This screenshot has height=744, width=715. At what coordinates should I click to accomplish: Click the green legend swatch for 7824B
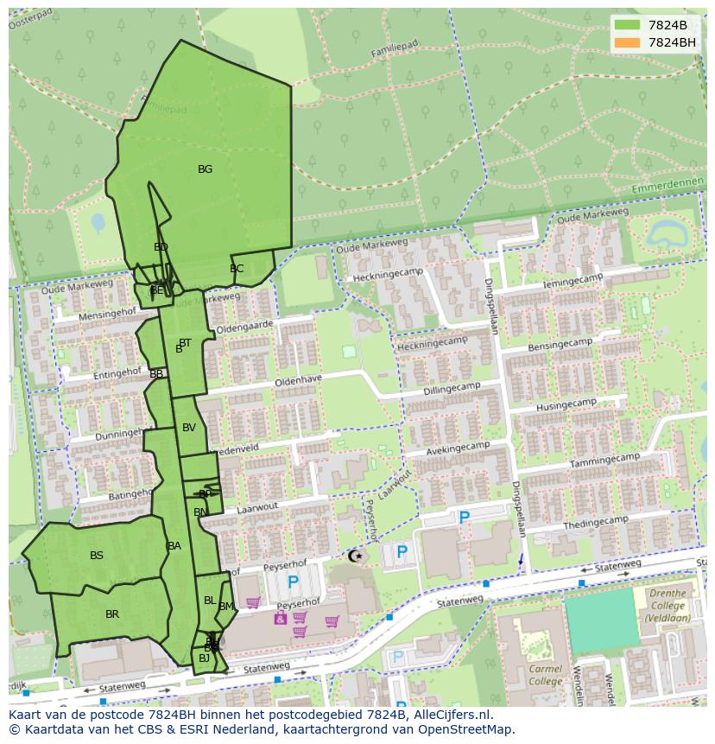pos(627,25)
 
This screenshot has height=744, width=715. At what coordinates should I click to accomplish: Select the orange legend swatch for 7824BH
pos(627,42)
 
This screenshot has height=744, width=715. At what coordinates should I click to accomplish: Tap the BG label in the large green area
pos(205,169)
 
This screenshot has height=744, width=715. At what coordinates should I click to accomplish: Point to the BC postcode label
pos(237,269)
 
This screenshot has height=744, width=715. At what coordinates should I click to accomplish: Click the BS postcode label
pos(97,556)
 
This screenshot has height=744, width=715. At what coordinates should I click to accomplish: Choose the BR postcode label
pos(112,614)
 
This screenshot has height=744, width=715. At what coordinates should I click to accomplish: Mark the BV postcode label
pos(189,428)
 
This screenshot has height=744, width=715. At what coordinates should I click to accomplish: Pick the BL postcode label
pos(210,601)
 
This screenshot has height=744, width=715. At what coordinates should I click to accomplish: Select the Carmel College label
pos(545,675)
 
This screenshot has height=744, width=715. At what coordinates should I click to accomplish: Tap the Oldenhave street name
pos(298,380)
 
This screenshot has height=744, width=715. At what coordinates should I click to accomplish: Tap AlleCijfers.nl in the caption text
pos(450,715)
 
